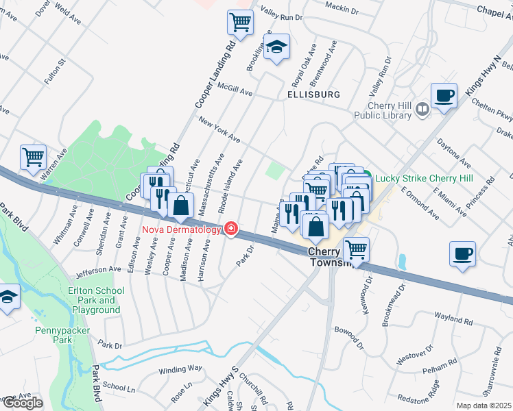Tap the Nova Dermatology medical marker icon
(x=232, y=229)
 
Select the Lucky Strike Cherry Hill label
(x=433, y=178)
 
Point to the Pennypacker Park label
(x=63, y=335)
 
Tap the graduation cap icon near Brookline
(x=276, y=47)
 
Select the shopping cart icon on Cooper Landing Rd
(x=240, y=23)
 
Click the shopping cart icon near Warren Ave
(x=33, y=157)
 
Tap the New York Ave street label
(x=219, y=130)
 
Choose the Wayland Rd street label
(x=453, y=321)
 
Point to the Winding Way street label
(x=181, y=369)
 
